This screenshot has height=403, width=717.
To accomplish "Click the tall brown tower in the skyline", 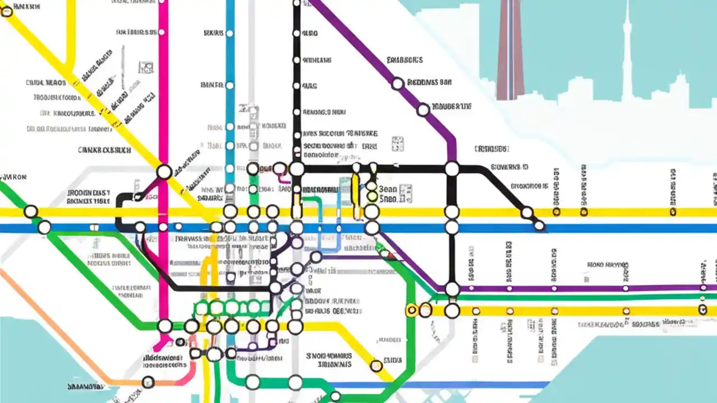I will [510, 50].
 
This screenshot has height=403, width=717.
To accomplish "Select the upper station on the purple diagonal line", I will [397, 84].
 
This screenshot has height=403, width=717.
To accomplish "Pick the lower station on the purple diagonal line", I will [423, 110].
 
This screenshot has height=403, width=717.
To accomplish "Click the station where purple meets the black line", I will [451, 168].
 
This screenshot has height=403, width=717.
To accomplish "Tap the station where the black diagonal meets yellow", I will [527, 212].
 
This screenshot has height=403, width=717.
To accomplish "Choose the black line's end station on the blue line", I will [539, 226].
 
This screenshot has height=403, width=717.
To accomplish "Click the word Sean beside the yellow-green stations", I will [388, 189].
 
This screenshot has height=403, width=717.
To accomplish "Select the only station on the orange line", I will [148, 382].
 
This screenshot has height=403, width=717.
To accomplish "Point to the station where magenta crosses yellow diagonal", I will [164, 171].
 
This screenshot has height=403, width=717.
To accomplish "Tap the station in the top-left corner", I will [6, 11].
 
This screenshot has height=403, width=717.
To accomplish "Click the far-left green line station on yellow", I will [31, 212].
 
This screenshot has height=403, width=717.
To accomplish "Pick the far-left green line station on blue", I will [44, 227].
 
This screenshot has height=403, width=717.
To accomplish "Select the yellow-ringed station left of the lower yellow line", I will [412, 310].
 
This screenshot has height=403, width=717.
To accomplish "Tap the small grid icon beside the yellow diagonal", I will [146, 68].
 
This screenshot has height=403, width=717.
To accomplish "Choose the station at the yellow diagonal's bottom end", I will [376, 366].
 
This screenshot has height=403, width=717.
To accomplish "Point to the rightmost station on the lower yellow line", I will [702, 310].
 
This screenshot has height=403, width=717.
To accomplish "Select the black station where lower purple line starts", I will [452, 289].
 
